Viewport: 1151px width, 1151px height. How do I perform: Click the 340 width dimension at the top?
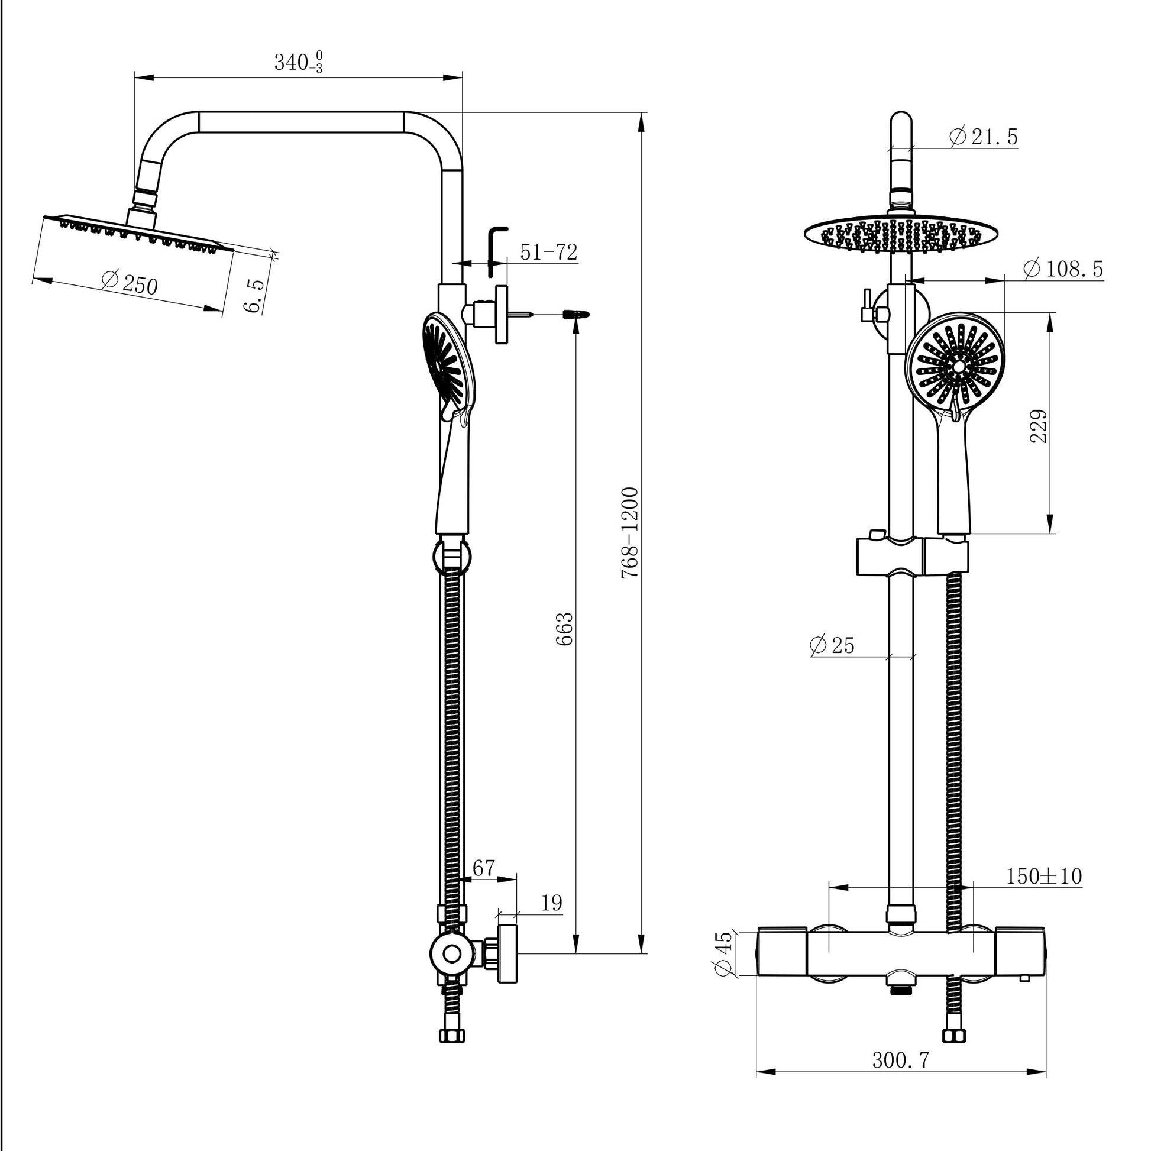[298, 62]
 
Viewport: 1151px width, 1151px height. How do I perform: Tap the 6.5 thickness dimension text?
[254, 295]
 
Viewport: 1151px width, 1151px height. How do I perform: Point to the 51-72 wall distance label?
[548, 253]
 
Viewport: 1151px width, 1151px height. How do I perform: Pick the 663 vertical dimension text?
[564, 629]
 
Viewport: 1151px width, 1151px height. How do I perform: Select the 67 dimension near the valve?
[483, 868]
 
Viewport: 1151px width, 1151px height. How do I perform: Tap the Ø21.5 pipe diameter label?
[984, 137]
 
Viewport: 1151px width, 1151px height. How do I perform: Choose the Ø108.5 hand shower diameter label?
[1063, 269]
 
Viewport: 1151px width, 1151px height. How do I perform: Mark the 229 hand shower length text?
[1039, 425]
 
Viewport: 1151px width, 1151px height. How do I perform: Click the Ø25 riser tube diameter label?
[832, 645]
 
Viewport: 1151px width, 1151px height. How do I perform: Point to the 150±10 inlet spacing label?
[1044, 876]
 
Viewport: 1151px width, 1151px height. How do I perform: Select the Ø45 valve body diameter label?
[723, 953]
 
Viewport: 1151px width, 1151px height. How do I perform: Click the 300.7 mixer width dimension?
[900, 1060]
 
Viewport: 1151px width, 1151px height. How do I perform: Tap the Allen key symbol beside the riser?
[496, 250]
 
